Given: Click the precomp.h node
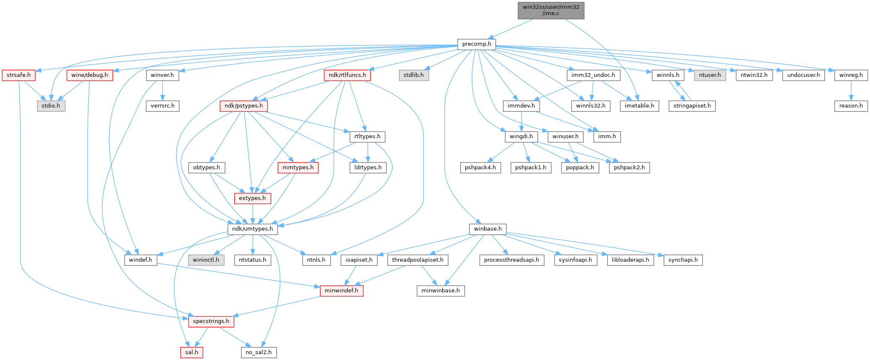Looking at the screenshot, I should coord(476,44).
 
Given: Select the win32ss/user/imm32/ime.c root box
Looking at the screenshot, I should coord(551,10).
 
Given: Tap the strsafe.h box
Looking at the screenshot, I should coord(18,75).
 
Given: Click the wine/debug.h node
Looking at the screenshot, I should coord(89,75).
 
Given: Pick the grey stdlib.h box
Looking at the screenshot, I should coord(414,75).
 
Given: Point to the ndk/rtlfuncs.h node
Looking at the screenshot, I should coord(347,75).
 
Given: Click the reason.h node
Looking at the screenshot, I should coord(851,106).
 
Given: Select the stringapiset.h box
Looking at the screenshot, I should coord(692,106).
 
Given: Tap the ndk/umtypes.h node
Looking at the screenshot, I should coord(252,229).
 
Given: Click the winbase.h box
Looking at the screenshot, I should coord(487,229).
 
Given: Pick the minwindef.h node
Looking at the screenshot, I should coord(341,291).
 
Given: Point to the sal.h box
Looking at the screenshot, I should coord(191,352).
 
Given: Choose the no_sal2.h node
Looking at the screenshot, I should coord(259,352).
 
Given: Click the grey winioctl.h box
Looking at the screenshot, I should coord(206,260).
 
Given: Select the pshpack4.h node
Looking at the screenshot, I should coord(480,168).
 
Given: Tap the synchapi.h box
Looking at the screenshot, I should coord(683,260).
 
